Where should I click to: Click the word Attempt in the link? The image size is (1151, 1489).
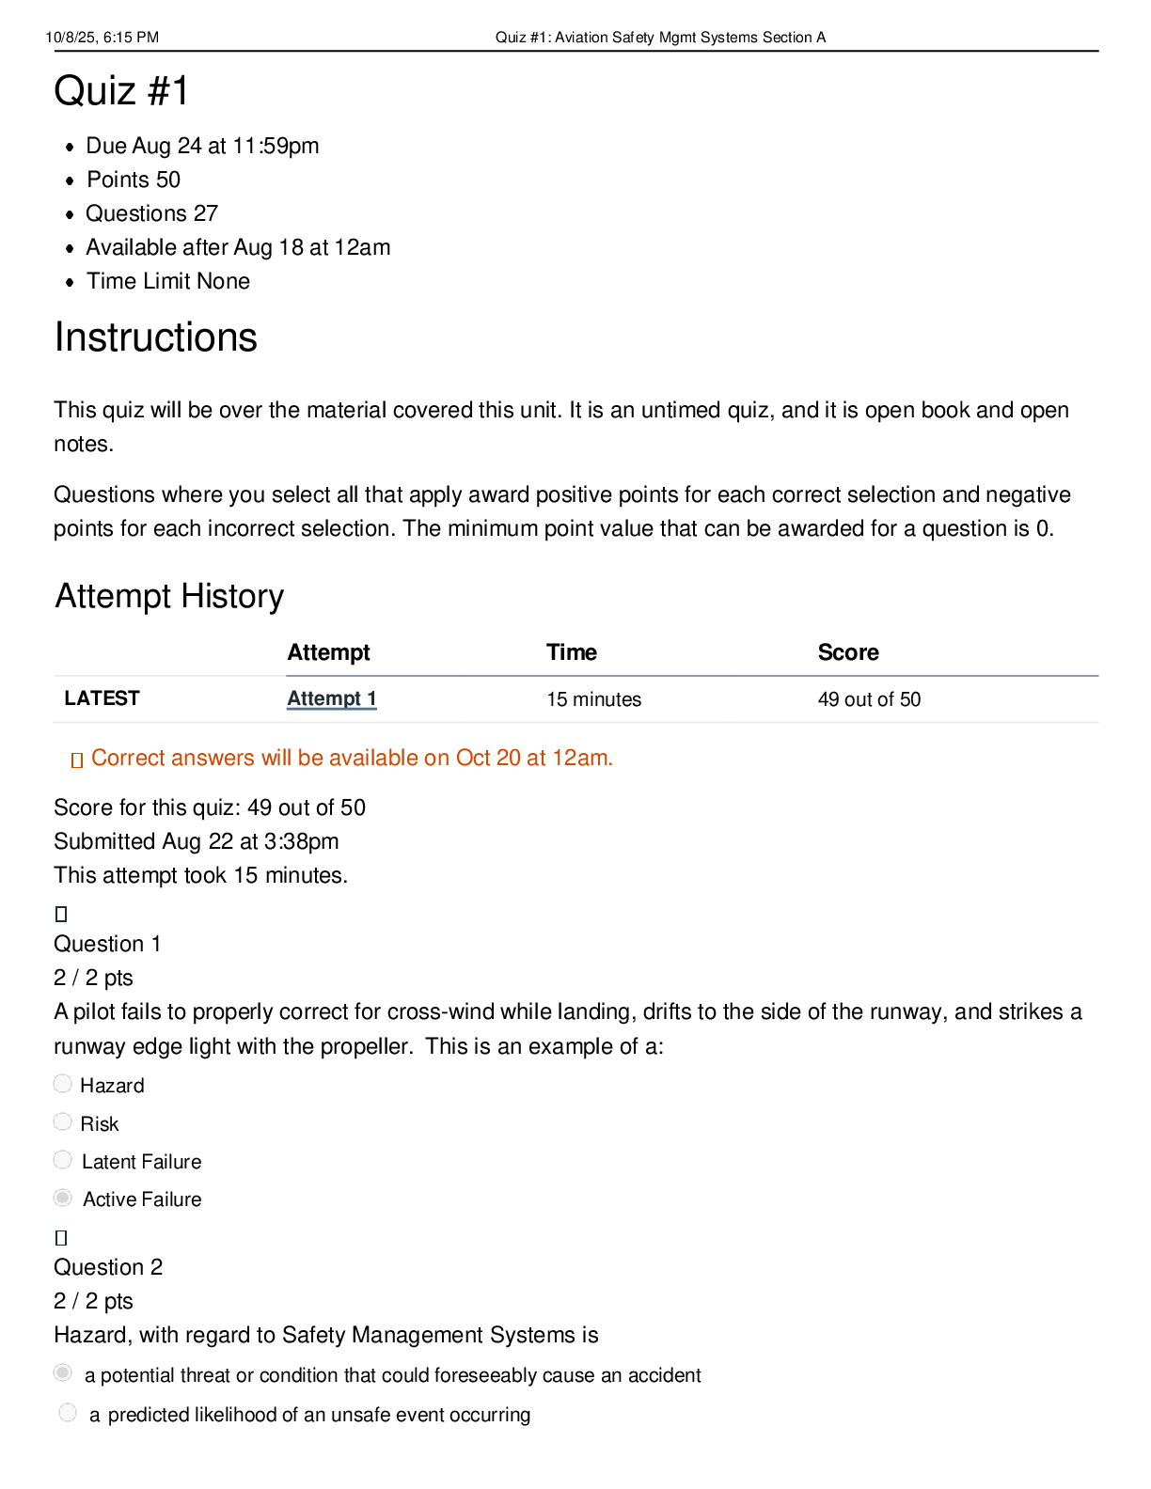click(x=323, y=698)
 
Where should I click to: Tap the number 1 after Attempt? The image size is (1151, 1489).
click(x=371, y=698)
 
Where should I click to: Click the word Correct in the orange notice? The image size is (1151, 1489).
click(x=128, y=758)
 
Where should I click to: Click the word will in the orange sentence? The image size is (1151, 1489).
click(x=276, y=758)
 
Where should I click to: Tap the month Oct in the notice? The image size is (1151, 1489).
click(x=473, y=758)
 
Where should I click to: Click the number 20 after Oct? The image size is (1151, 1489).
click(x=508, y=758)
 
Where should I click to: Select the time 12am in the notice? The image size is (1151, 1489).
click(x=582, y=758)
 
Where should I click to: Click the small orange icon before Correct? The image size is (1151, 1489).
click(x=77, y=760)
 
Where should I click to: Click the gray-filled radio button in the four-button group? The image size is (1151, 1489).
click(x=63, y=1198)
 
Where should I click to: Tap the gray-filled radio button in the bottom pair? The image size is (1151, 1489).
click(x=63, y=1372)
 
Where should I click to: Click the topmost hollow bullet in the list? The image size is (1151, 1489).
click(x=70, y=148)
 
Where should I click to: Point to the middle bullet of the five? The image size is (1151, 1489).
click(x=70, y=215)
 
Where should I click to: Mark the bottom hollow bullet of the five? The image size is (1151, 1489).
click(x=70, y=282)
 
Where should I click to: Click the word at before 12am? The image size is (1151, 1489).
click(x=536, y=758)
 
